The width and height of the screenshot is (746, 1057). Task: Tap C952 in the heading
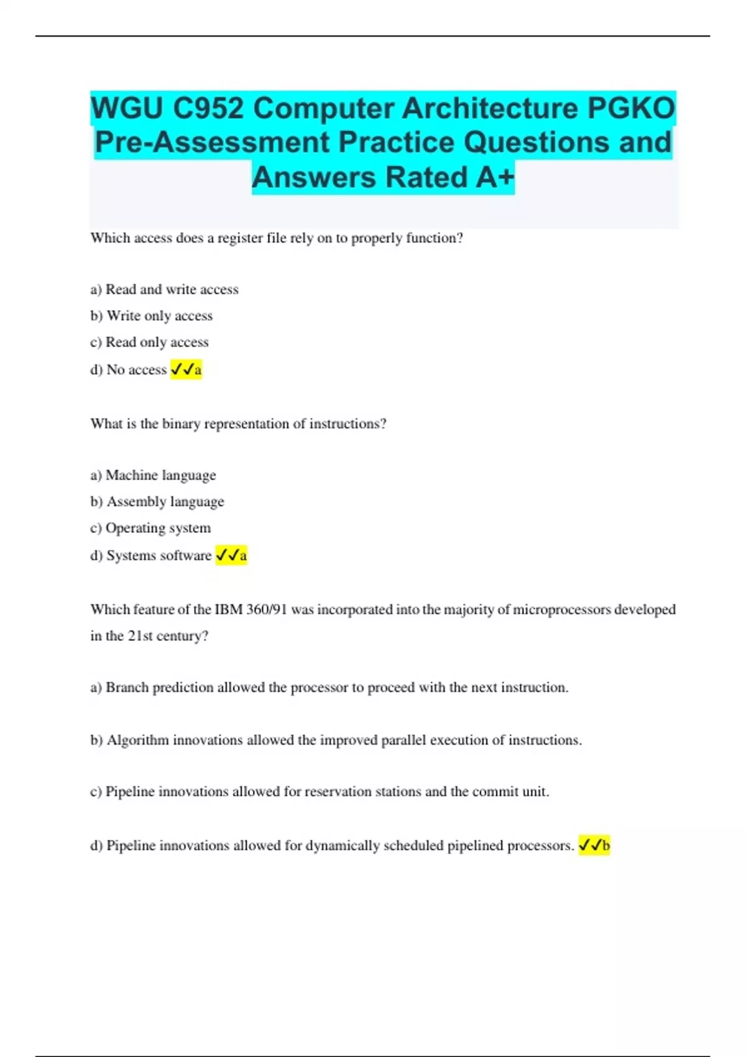(x=208, y=108)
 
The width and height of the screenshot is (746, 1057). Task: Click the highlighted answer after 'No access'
(x=186, y=369)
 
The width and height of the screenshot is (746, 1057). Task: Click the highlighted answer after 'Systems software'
(x=231, y=555)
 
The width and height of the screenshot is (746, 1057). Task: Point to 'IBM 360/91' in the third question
(x=251, y=609)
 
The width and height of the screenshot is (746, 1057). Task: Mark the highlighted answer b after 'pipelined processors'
(x=594, y=846)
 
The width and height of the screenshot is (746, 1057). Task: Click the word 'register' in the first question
(x=240, y=238)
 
